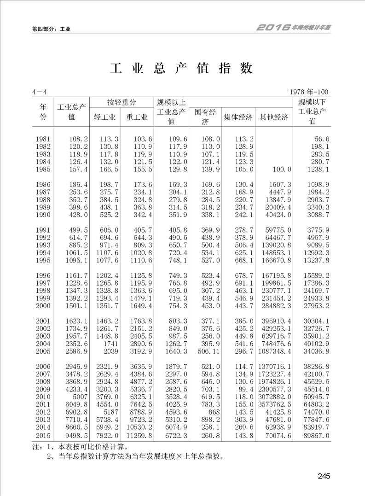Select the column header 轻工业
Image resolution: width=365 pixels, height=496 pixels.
coord(104,117)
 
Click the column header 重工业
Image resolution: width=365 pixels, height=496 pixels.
coord(137,117)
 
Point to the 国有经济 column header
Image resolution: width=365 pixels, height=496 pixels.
coord(205,117)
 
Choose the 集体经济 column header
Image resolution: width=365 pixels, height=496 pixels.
coord(238,117)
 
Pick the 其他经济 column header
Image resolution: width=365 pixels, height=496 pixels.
coord(274,117)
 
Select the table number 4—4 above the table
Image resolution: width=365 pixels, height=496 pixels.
coord(40,93)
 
